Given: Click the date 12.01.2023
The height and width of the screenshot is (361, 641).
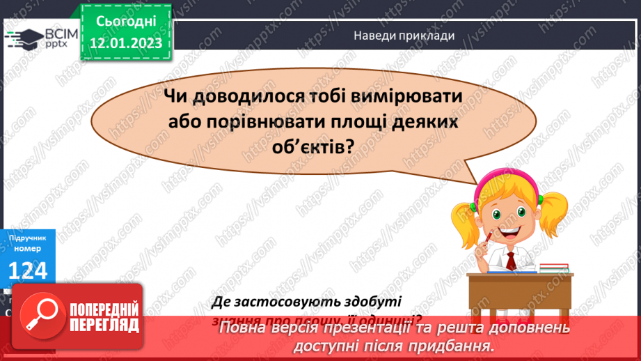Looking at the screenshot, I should point(125,43).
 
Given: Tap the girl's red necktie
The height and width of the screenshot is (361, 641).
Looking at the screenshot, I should point(511,260).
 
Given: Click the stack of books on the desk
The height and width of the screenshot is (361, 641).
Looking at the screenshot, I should point(555,266).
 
